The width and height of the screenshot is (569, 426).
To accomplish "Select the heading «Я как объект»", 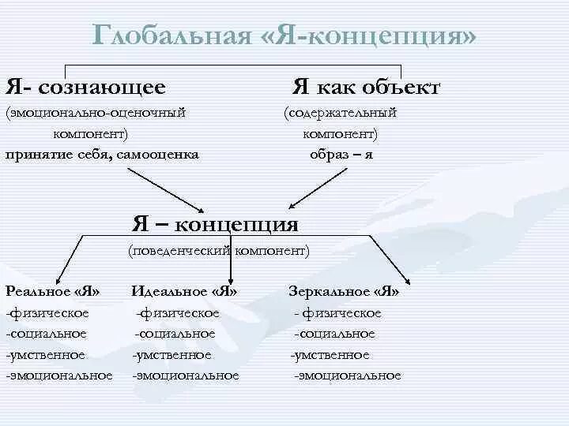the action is (x=366, y=87).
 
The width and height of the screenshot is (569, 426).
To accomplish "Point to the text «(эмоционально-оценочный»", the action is (x=96, y=113).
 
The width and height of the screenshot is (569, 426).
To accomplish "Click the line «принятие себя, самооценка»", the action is (x=102, y=154).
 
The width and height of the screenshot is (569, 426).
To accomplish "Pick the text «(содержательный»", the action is (x=341, y=113).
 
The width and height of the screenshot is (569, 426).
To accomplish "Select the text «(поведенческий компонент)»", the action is (x=219, y=250).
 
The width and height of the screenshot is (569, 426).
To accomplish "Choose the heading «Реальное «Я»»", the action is (x=52, y=291).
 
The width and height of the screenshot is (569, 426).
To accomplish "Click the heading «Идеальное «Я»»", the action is (x=185, y=291).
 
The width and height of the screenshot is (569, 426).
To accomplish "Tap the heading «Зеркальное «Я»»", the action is (x=344, y=291).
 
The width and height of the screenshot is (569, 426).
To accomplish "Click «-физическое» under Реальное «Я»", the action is (x=47, y=313).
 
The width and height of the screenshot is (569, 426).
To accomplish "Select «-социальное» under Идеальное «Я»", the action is (x=175, y=334).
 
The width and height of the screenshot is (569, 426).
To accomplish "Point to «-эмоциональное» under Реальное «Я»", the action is (x=58, y=376).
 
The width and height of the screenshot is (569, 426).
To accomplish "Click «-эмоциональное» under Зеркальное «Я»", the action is (x=347, y=376).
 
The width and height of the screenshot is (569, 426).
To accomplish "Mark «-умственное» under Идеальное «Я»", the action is (x=171, y=355).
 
